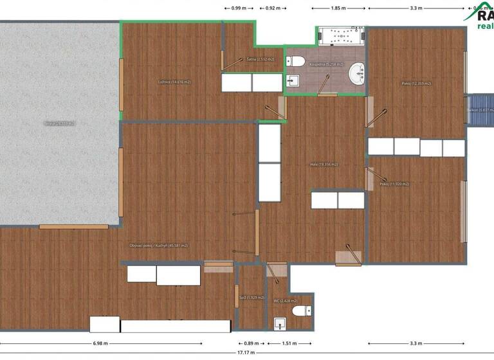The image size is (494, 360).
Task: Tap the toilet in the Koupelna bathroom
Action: click(x=296, y=62)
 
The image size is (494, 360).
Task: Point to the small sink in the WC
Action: click(x=279, y=323)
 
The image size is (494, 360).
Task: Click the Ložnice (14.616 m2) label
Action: click(x=174, y=82)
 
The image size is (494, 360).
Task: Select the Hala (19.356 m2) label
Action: click(x=324, y=165)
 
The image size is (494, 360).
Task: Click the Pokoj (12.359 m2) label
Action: click(x=416, y=84)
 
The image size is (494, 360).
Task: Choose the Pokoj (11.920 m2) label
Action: click(x=394, y=184)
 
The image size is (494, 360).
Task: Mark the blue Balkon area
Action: click(x=480, y=111)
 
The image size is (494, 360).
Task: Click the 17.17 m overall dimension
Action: click(x=247, y=353)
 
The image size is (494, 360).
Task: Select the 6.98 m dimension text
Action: click(x=100, y=343)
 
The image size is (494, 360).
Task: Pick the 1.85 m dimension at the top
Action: click(x=338, y=8)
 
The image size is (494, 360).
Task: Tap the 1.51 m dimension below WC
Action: click(x=289, y=343)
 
